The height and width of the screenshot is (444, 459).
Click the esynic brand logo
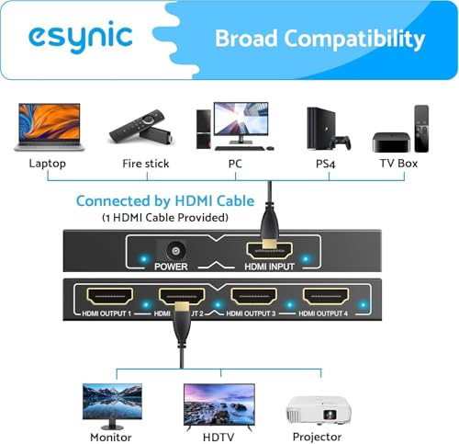tap(80, 38)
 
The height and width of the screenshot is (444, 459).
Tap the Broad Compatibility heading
tap(319, 39)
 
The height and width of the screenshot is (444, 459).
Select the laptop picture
tap(49, 127)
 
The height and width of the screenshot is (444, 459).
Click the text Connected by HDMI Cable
tap(162, 200)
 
